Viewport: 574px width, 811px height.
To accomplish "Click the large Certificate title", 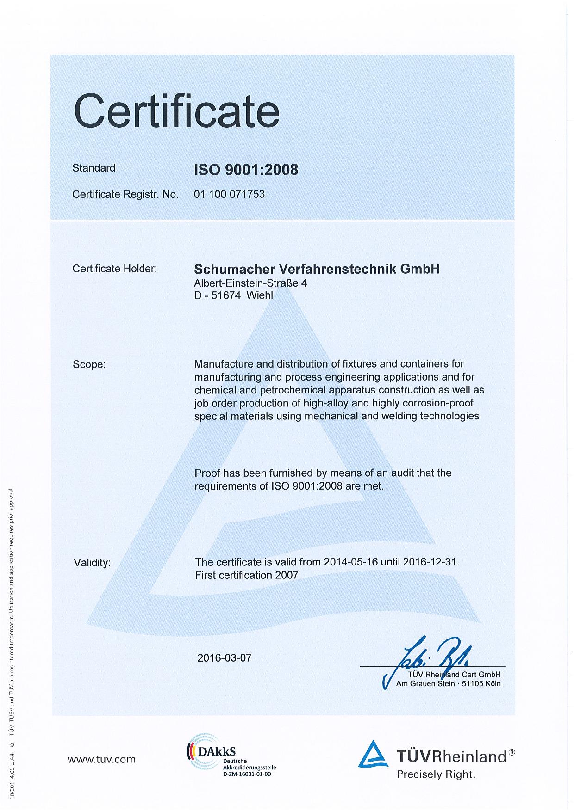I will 177,111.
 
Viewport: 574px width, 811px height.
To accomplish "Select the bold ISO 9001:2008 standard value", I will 246,170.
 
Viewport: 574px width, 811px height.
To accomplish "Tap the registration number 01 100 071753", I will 229,194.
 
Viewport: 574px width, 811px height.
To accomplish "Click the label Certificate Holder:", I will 114,269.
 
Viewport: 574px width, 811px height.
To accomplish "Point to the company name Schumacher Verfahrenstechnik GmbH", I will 317,269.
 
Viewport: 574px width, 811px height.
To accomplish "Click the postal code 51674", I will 226,295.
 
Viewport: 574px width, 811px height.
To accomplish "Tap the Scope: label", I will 89,364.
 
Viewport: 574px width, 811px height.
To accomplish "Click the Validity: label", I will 92,563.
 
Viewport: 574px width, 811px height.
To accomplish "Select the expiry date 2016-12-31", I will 430,562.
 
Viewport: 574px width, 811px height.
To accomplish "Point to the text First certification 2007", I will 247,575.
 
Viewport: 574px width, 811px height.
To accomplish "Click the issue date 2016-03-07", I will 224,657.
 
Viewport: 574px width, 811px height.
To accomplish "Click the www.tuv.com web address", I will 101,759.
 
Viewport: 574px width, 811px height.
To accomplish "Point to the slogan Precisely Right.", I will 436,774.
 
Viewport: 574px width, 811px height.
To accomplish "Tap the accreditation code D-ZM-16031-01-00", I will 247,773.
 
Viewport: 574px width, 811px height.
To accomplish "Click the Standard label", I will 94,168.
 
